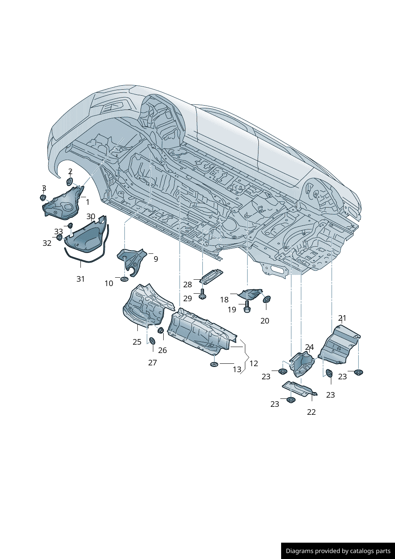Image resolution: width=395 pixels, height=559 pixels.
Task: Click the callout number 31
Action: [x=81, y=279]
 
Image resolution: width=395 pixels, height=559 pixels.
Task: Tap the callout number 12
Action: [x=254, y=363]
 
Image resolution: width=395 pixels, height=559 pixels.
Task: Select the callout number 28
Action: [x=188, y=284]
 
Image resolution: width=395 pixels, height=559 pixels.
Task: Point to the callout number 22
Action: [x=311, y=412]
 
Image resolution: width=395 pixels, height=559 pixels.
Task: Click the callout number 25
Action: [x=137, y=342]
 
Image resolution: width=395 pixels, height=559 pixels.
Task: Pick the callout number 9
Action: [x=156, y=259]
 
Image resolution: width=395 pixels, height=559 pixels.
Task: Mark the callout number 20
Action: [x=265, y=321]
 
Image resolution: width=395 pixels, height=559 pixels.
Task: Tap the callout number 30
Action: [x=91, y=217]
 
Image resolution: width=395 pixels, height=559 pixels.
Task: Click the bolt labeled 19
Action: [x=247, y=307]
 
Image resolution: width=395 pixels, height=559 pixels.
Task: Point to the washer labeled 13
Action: [x=214, y=364]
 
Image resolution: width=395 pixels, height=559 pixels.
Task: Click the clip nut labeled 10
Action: [x=124, y=278]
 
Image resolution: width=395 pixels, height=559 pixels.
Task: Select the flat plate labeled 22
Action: [x=299, y=388]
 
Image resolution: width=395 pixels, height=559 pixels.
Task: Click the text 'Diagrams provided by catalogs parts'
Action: [x=338, y=551]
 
